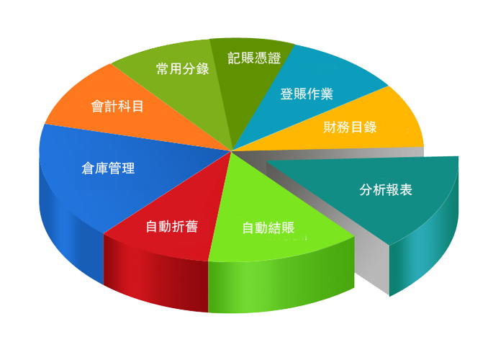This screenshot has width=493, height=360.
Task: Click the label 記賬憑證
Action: click(x=254, y=58)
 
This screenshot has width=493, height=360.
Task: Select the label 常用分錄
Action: click(x=183, y=68)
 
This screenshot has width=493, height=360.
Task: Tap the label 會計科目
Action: click(x=117, y=106)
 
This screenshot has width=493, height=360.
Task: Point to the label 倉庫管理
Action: click(x=108, y=168)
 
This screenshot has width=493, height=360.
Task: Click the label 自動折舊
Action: click(x=172, y=226)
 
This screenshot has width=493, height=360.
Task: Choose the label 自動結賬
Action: click(x=268, y=228)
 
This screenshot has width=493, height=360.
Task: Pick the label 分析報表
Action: click(x=386, y=189)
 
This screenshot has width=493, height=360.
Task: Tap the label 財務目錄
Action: click(x=350, y=127)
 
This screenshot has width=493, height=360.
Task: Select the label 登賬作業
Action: click(x=307, y=94)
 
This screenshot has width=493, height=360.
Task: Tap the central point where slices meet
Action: click(x=232, y=151)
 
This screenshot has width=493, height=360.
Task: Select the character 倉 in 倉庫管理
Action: click(x=88, y=168)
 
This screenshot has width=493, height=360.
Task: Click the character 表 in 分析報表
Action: click(x=406, y=189)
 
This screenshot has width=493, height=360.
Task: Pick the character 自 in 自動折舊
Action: click(x=152, y=226)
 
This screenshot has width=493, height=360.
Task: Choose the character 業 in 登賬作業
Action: click(x=327, y=94)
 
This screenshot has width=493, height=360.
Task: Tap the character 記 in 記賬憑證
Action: click(x=234, y=58)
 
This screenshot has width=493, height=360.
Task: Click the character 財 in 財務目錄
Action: click(x=330, y=127)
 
